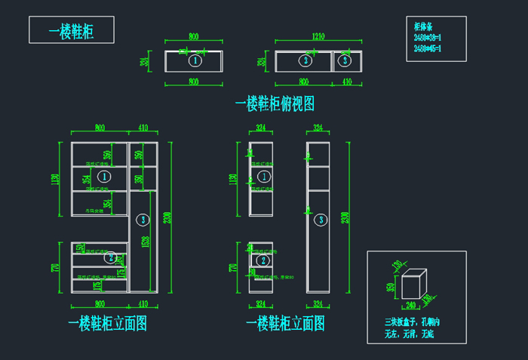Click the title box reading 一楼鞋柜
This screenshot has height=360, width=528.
72,30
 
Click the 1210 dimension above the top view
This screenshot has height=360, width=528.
318,36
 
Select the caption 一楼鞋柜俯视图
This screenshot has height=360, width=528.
275,103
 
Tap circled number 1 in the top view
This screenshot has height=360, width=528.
194,60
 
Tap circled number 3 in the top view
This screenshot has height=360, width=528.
305,60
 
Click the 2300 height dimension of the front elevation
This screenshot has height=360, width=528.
168,217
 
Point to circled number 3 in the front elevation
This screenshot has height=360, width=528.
143,220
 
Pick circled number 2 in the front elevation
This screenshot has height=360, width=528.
110,257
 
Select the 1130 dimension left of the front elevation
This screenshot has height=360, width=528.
54,179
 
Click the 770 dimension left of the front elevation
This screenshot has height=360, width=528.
54,267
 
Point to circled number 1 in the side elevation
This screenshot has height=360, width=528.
263,177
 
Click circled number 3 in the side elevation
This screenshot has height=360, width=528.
321,220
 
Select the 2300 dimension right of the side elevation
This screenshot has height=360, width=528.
346,217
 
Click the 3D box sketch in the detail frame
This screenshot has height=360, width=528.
414,285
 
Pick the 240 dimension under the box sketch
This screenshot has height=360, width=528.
410,306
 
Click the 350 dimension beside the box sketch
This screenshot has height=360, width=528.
391,288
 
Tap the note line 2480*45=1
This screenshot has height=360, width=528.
428,49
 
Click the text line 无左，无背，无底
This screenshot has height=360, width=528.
410,333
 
